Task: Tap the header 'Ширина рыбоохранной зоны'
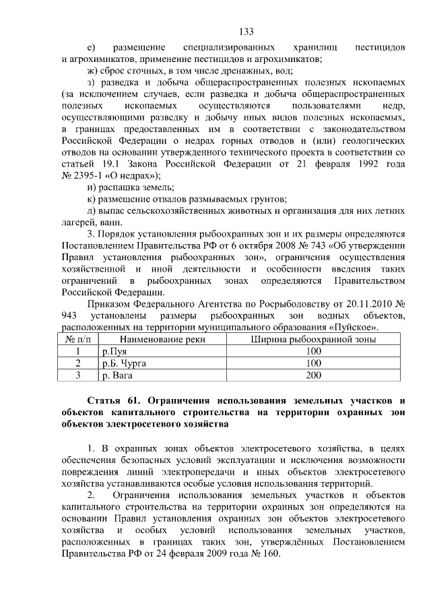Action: coord(313,340)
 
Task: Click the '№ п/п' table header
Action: coord(77,340)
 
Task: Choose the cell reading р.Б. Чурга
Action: coord(124,363)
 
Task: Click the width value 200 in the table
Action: coord(313,375)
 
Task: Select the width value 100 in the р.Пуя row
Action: coord(313,352)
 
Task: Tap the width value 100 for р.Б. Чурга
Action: coord(313,363)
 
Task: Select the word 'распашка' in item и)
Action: coord(119,187)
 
